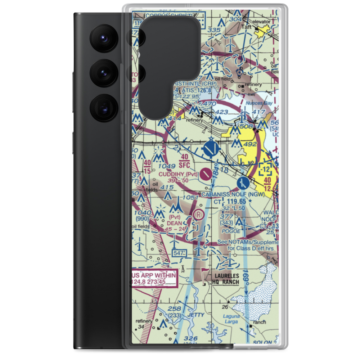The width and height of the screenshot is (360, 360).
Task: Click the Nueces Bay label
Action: point(257,103)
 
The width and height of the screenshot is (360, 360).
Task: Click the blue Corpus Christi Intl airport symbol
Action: point(211,148)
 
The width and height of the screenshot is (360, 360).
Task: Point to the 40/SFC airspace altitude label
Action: point(184,160)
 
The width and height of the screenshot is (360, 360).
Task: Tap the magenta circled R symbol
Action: point(198,215)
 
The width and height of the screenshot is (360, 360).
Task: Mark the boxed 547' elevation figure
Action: point(179,254)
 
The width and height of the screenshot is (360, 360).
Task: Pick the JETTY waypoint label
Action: point(196,315)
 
